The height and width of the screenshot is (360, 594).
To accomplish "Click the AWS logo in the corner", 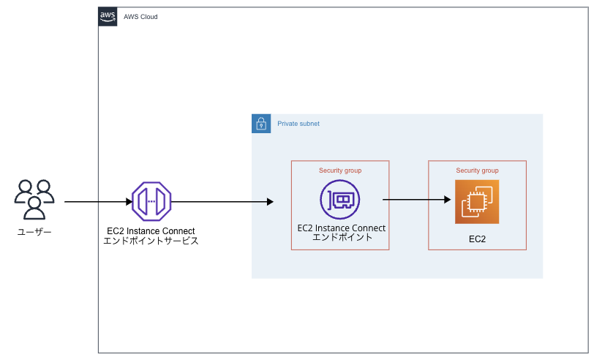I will pos(108,16).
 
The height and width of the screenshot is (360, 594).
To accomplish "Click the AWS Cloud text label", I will pos(140,17).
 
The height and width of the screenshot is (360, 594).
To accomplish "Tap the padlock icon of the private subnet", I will pos(261,124).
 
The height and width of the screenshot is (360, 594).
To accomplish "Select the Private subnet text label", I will pos(298,124).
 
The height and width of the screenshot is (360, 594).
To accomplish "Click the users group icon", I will pos(34,199).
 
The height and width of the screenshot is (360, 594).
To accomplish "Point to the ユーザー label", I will pos(34,232).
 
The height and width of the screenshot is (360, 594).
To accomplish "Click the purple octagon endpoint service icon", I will pos(151,200).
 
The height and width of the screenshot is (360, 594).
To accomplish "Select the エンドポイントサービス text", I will pos(151,241).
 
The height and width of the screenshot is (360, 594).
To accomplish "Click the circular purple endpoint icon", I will pos(340,200).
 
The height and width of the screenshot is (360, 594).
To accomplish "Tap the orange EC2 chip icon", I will pos(476,201).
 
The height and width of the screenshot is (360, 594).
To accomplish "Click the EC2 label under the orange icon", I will pos(477,239).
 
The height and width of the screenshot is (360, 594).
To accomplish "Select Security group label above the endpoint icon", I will pos(340,170).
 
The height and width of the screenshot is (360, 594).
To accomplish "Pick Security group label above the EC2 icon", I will pos(477,170).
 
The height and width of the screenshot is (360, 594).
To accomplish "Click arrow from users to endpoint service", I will pos(95,201).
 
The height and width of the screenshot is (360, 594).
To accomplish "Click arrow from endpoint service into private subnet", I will pos(219,201).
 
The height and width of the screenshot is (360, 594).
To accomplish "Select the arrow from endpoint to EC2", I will pos(413,198).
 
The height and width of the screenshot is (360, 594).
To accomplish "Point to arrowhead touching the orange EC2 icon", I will pos(446,198).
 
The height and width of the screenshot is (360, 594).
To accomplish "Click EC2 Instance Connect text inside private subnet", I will pos(342,228).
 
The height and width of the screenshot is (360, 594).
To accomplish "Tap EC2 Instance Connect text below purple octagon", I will pos(151,231).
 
